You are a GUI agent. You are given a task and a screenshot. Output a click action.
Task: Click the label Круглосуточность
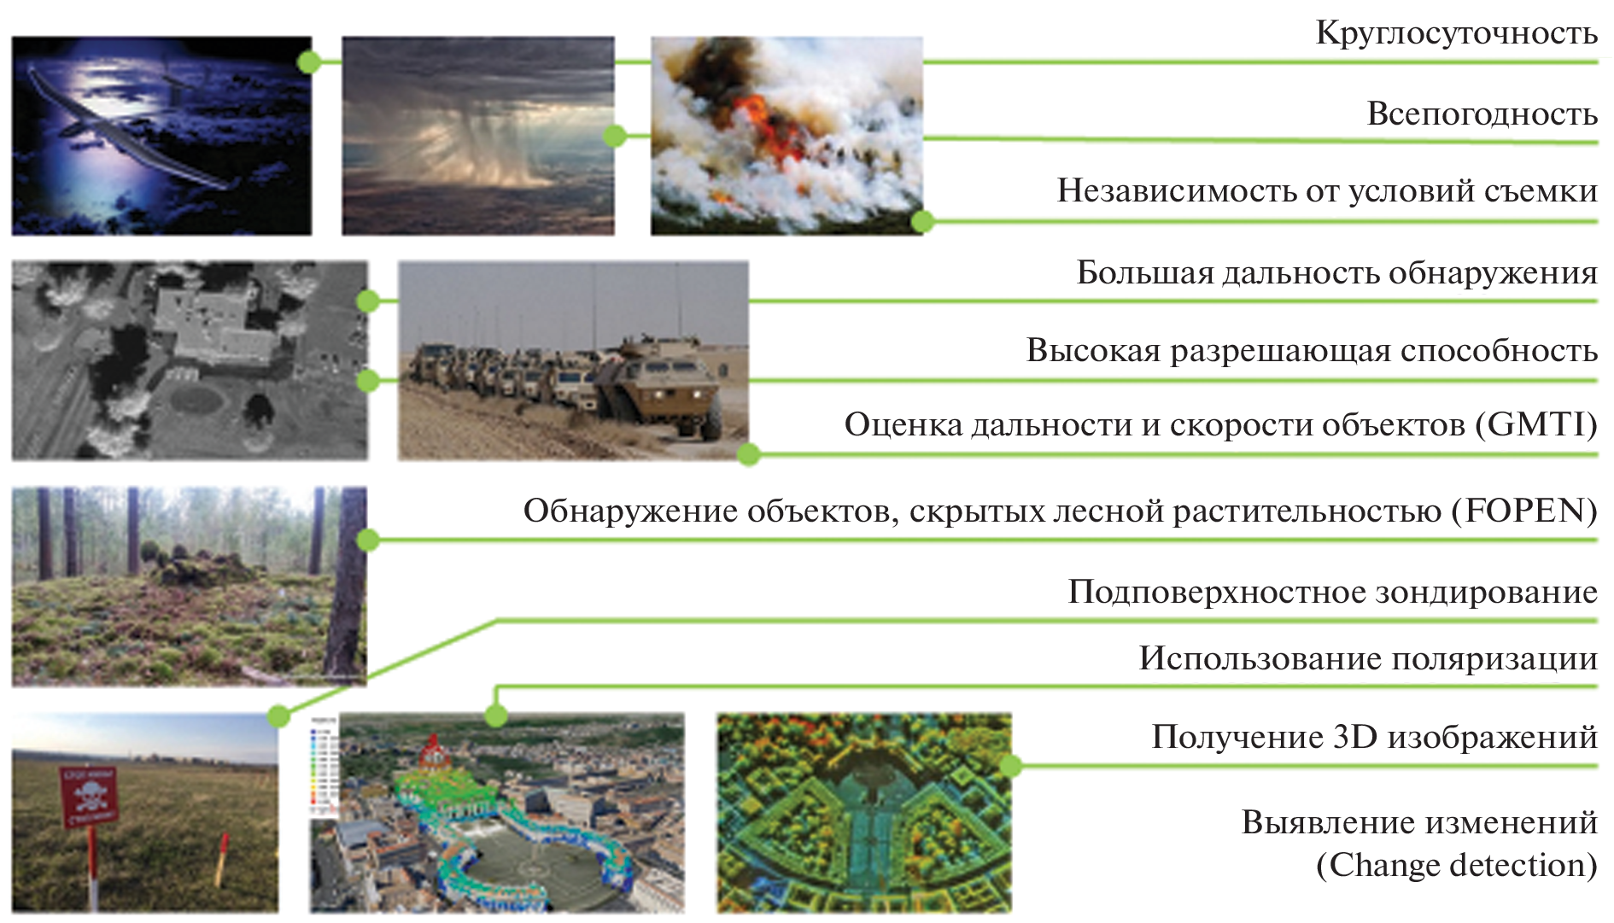[x=1456, y=33]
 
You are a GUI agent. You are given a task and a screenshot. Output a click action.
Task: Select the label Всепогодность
[x=1482, y=114]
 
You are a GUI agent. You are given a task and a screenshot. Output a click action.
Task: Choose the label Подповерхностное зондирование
[x=1332, y=592]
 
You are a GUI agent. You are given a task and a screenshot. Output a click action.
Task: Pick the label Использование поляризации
[x=1368, y=658]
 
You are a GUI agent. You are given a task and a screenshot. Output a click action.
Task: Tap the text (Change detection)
[x=1456, y=865]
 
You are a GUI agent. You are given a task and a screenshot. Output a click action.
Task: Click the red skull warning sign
[x=88, y=796]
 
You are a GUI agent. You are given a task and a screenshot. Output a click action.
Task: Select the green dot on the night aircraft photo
[x=309, y=61]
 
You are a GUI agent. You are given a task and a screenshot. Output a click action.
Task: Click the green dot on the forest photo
[x=368, y=540]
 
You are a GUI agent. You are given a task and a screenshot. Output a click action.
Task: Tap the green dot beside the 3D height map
[x=1010, y=765]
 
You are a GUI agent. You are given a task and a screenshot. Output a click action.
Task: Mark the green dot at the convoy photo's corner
[x=749, y=454]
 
